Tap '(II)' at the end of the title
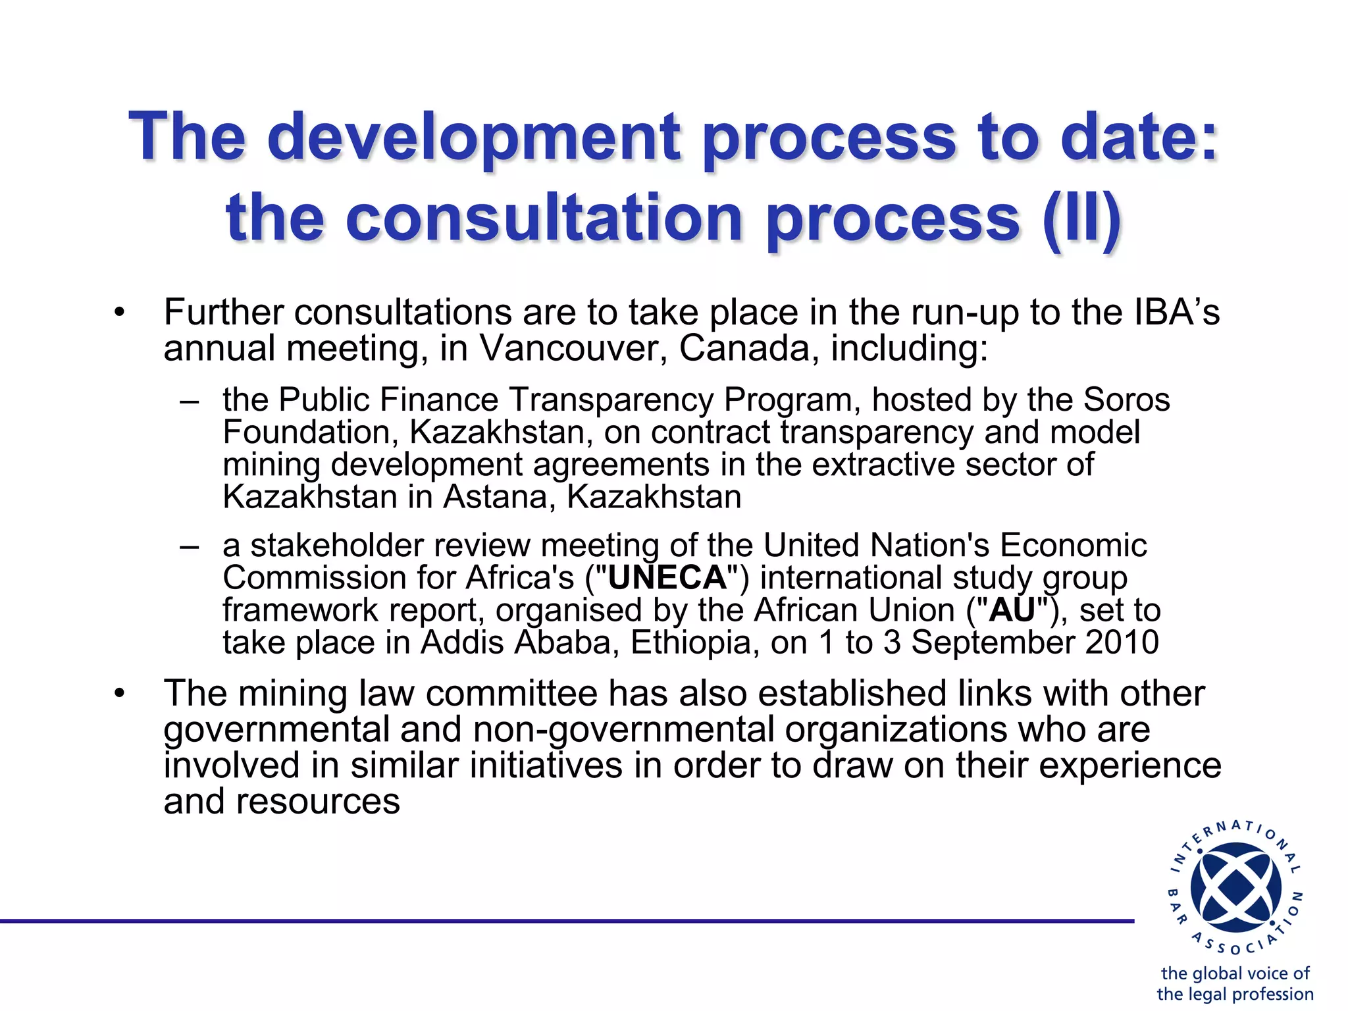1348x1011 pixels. point(1082,218)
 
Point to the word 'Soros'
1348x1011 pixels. point(1126,400)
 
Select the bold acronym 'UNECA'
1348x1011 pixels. point(667,578)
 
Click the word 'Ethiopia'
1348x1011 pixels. point(690,642)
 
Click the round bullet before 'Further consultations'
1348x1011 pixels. point(118,313)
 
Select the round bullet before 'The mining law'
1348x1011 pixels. point(118,694)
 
